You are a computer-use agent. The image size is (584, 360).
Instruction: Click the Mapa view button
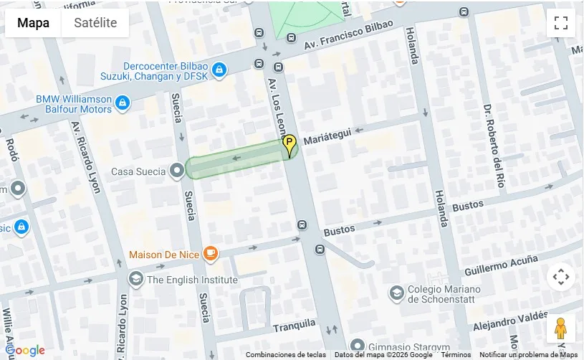pos(33,23)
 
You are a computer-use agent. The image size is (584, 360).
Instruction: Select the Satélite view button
pos(95,23)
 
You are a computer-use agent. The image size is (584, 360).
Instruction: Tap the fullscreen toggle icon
pos(560,23)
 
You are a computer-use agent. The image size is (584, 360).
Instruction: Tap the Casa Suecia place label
pos(138,172)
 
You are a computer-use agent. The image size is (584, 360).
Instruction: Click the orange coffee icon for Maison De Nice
pos(210,253)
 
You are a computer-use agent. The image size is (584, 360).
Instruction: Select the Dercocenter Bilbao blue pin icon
pos(219,70)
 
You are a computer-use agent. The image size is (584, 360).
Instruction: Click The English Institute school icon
pos(135,279)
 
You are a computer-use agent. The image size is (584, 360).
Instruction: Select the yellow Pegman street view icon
pos(560,328)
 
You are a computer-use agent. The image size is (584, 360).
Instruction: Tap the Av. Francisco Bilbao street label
pos(348,36)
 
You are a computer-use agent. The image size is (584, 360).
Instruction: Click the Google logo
pos(24,351)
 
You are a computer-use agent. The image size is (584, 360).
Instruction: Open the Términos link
pos(456,355)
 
